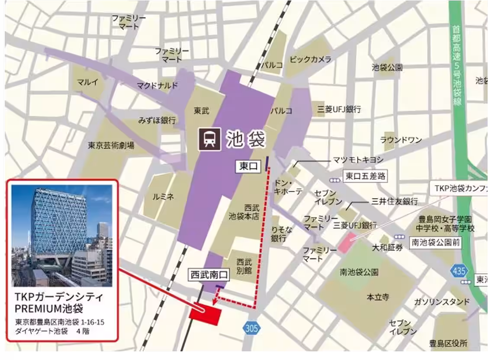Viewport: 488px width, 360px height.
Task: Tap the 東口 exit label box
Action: coord(249,166)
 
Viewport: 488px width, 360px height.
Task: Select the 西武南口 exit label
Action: coord(205,275)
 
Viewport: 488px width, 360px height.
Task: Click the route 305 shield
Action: coord(251,328)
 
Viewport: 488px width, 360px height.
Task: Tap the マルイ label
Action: coord(88,82)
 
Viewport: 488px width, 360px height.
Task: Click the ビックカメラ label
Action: coord(311,59)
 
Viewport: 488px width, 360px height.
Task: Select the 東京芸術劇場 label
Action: coord(111,145)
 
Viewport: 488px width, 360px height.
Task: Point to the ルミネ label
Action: coord(163,197)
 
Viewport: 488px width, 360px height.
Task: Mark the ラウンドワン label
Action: coord(401,140)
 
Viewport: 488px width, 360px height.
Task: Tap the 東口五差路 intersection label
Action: coord(365,176)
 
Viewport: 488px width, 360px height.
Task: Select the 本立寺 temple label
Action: coord(378,297)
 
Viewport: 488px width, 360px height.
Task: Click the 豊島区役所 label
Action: coord(448,344)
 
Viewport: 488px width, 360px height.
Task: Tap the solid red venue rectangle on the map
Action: coord(205,315)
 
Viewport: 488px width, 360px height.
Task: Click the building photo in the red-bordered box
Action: coord(61,236)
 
